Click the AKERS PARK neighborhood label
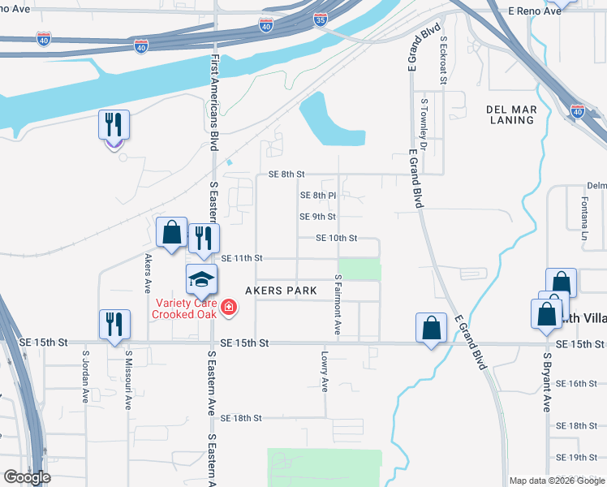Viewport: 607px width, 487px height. [280, 291]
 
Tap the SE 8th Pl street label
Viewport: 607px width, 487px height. [317, 196]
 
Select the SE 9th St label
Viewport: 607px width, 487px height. [317, 217]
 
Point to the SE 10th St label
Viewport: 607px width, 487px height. [338, 238]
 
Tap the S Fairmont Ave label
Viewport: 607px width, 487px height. [338, 304]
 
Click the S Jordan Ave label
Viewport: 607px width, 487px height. [85, 376]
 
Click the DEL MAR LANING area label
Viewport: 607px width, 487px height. [511, 114]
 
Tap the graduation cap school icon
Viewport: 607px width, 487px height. [201, 280]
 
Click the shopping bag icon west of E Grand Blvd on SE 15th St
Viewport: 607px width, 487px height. [431, 329]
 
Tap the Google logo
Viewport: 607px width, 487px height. [27, 477]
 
